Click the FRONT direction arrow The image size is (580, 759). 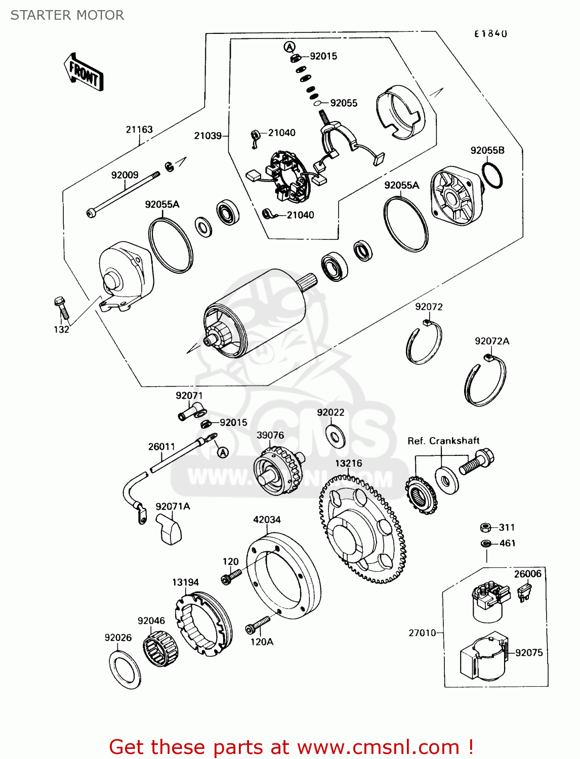coord(84,72)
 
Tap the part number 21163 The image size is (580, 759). coord(139,130)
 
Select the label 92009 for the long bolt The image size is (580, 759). coord(125,175)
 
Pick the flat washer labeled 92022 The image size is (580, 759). coord(336,437)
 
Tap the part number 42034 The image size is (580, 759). coord(267,520)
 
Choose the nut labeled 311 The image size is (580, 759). coord(485,528)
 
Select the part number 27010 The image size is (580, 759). coord(422,633)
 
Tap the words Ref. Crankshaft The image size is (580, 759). coord(443,441)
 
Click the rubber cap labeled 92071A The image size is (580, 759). coord(169,526)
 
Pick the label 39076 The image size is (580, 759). coord(270,435)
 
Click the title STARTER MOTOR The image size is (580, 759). coord(67,15)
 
